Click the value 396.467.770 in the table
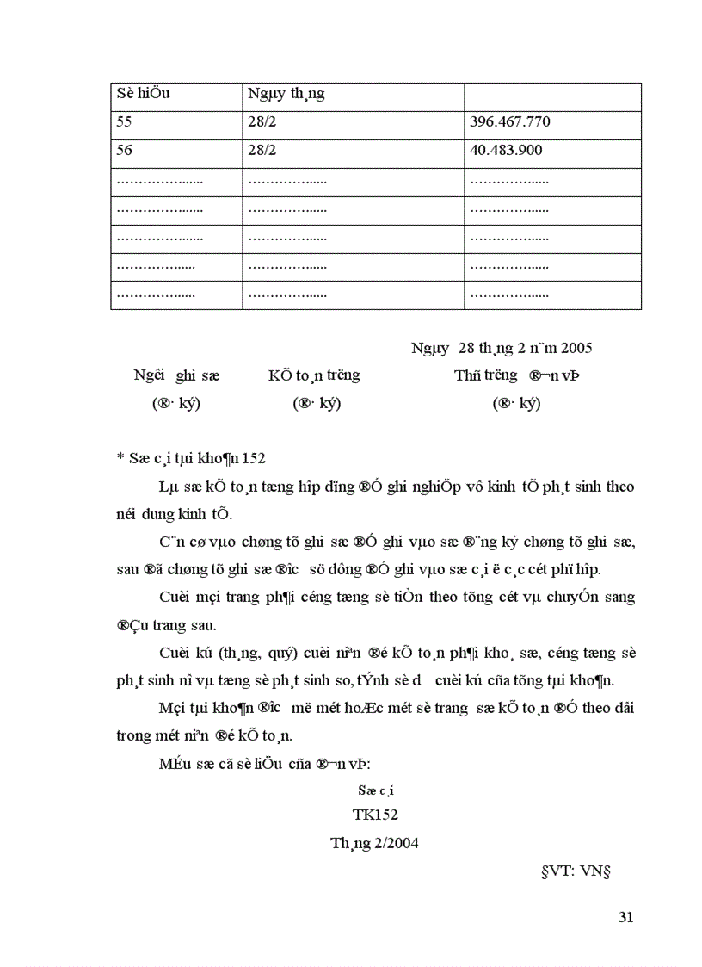510,121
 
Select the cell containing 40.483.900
506,150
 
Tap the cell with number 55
124,121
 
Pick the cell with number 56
124,150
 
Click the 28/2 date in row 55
262,121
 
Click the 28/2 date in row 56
262,150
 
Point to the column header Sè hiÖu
143,93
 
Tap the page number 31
625,917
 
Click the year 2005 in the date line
576,348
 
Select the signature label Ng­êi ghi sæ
176,375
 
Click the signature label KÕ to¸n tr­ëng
313,375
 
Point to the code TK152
375,815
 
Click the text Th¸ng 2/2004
374,843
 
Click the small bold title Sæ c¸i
375,790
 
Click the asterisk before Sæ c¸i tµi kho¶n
120,459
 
